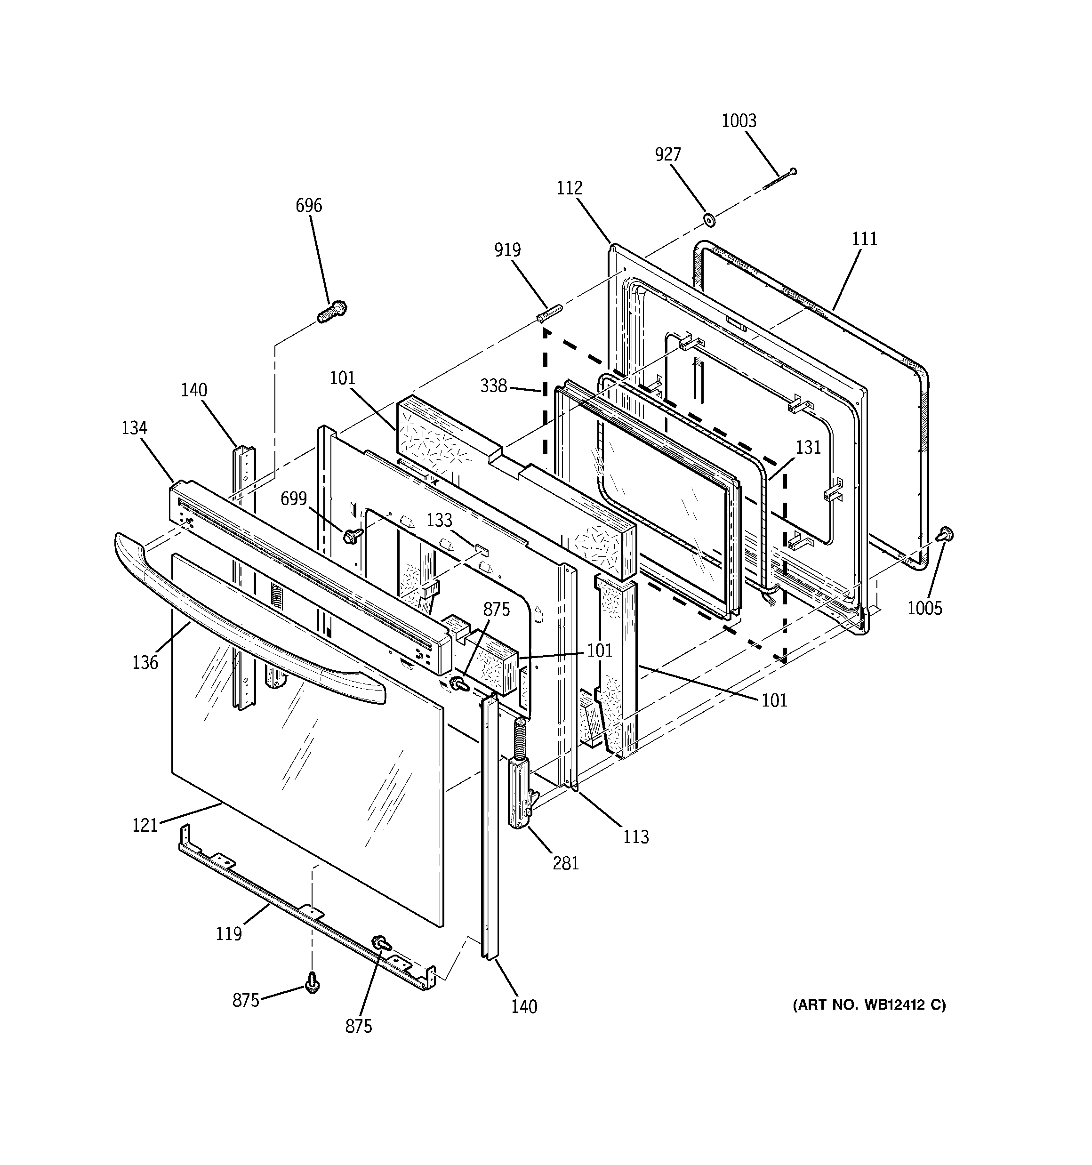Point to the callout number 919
pos(507,250)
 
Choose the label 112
pos(569,188)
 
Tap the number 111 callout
pos(865,239)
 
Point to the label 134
pos(134,428)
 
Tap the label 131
pos(808,448)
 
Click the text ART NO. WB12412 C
pos(869,1005)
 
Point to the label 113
pos(635,837)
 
